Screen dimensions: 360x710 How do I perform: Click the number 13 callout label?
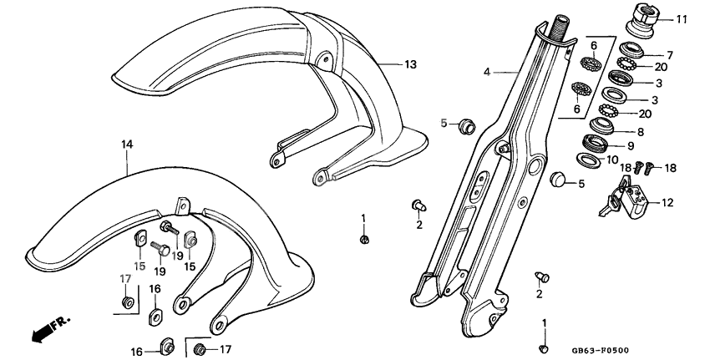pos(409,64)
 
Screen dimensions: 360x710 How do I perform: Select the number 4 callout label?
pos(487,73)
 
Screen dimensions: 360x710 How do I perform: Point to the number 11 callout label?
pos(682,18)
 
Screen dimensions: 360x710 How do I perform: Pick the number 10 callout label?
pos(635,159)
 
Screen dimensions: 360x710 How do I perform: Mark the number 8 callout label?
pos(640,131)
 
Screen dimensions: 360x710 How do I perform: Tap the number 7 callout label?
pos(669,55)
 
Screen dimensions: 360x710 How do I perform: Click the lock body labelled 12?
pos(634,200)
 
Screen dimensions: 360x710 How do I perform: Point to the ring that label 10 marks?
pos(588,160)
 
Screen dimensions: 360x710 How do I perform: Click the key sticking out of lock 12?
pos(606,210)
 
